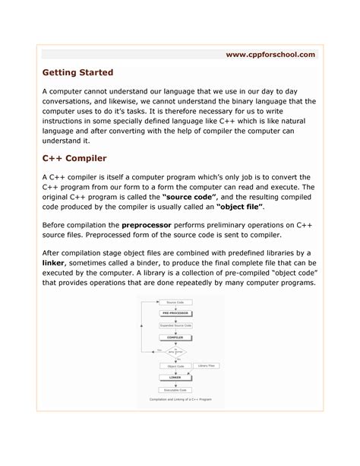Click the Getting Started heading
click(x=77, y=72)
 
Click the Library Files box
click(x=207, y=366)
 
